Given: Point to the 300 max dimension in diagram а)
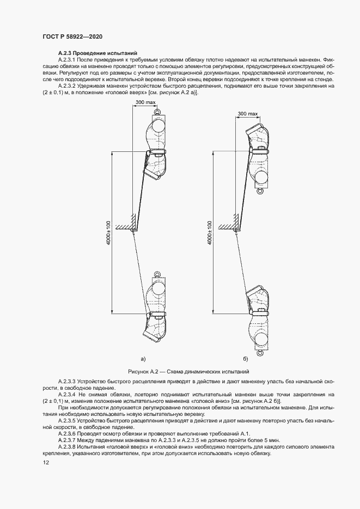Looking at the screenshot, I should point(143,103).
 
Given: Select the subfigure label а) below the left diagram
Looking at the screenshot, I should point(143,359).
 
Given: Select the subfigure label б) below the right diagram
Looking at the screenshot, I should point(246,359).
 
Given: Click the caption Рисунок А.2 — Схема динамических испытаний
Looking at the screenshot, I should point(180,371).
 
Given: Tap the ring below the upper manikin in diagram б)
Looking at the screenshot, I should point(260,191).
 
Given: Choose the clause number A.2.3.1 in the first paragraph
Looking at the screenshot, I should point(68,59).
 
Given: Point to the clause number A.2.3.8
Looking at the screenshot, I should point(68,439).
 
